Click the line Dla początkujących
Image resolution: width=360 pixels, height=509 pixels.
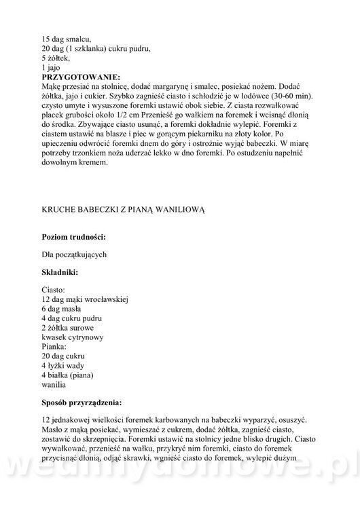(x=75, y=254)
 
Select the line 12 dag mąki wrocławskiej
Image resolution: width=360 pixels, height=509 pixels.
(x=85, y=299)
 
